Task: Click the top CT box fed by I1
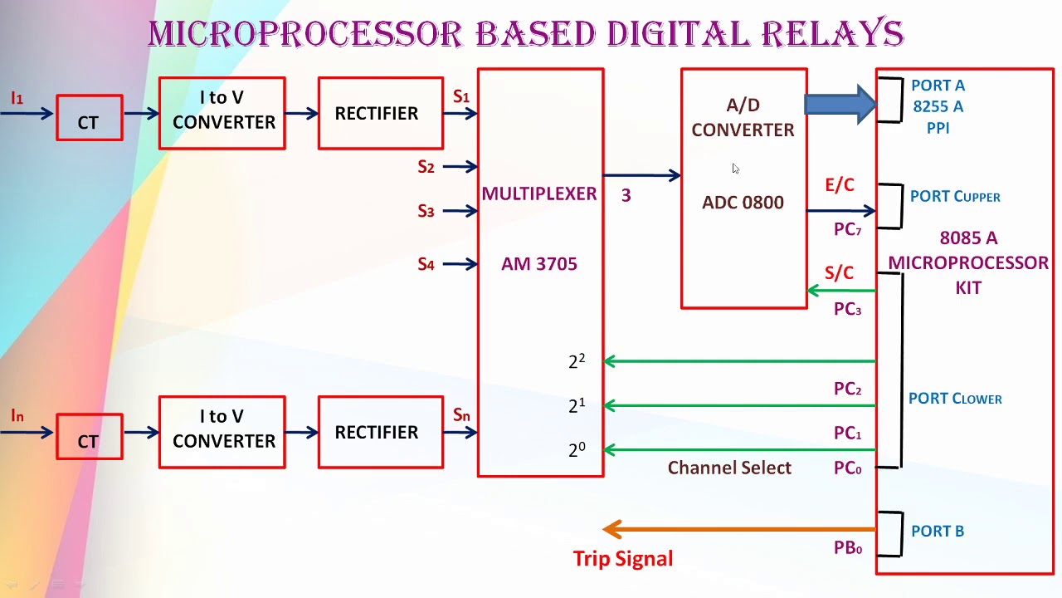pyautogui.click(x=89, y=117)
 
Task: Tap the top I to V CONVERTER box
pyautogui.click(x=222, y=113)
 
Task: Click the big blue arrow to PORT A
pyautogui.click(x=840, y=104)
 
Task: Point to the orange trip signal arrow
pyautogui.click(x=738, y=529)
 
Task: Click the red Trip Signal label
pyautogui.click(x=622, y=559)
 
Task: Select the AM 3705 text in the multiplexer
pyautogui.click(x=539, y=264)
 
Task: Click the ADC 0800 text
pyautogui.click(x=743, y=203)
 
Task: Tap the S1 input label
pyautogui.click(x=460, y=97)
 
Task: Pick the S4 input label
pyautogui.click(x=426, y=265)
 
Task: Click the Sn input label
pyautogui.click(x=460, y=414)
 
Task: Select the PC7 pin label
pyautogui.click(x=847, y=230)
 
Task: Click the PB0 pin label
pyautogui.click(x=847, y=548)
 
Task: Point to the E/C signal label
pyautogui.click(x=839, y=185)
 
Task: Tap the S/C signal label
pyautogui.click(x=839, y=273)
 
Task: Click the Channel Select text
pyautogui.click(x=729, y=468)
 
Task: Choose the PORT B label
pyautogui.click(x=937, y=532)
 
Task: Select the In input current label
pyautogui.click(x=17, y=415)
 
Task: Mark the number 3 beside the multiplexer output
pyautogui.click(x=626, y=196)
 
